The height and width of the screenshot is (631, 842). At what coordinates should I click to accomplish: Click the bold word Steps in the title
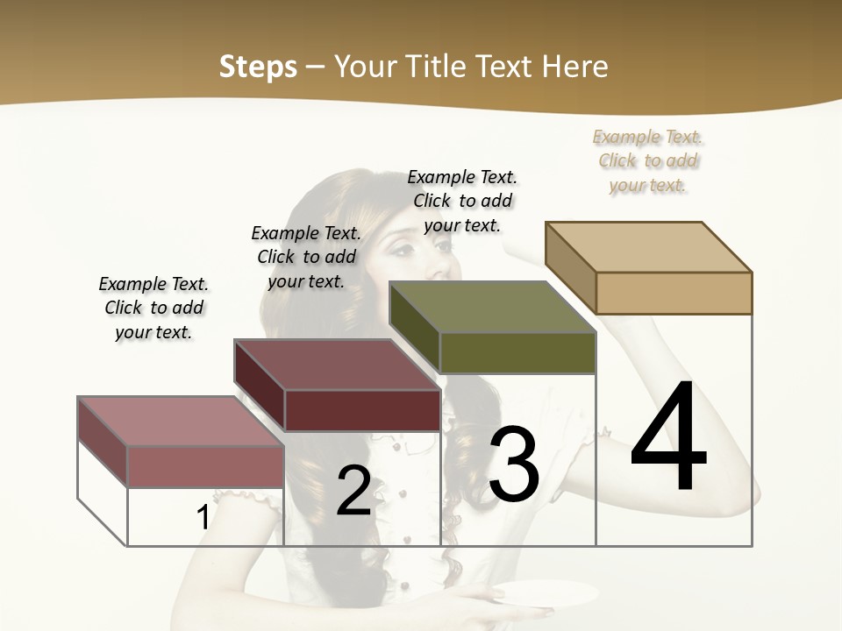coord(258,67)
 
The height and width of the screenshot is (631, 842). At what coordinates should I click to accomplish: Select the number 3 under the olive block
coord(514,464)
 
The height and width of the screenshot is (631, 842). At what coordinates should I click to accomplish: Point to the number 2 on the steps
coord(353,491)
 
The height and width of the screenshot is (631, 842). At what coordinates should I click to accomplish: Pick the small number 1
coord(203,518)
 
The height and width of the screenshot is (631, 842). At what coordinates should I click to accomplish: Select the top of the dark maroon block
coord(337,365)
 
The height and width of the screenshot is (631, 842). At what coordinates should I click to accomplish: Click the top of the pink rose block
coord(181,422)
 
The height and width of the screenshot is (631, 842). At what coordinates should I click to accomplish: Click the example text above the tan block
coord(648,160)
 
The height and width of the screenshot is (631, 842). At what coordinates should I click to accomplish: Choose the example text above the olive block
coord(462,201)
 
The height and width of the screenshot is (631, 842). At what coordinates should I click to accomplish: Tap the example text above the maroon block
coord(306,257)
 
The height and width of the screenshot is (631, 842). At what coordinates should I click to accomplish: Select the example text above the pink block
coord(153,308)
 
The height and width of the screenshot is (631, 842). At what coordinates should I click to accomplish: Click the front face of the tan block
coord(674,293)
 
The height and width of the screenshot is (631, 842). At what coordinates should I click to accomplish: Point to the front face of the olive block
coord(517,353)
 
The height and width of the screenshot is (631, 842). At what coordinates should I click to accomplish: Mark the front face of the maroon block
coord(361,410)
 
